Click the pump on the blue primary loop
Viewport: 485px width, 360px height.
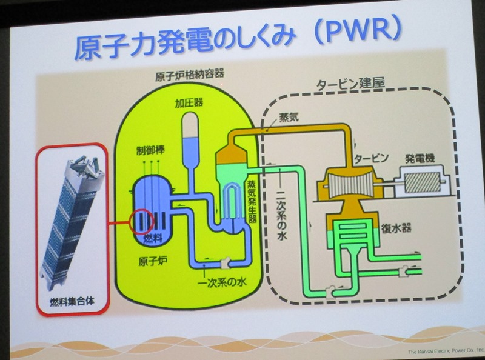click(225, 262)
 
